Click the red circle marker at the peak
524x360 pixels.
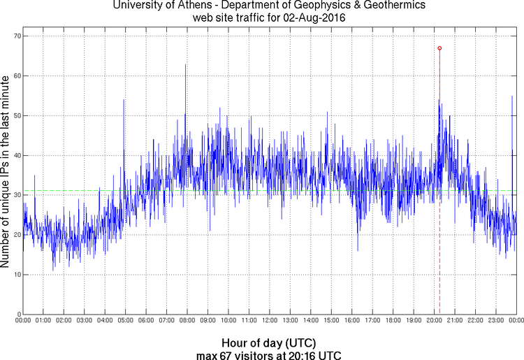[439, 48]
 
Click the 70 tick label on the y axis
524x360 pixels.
[15, 36]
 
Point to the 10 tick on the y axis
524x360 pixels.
[15, 274]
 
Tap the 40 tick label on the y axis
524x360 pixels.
[15, 155]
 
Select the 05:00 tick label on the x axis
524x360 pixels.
[125, 321]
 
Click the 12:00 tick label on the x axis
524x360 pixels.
[269, 321]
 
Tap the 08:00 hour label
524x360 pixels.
[187, 321]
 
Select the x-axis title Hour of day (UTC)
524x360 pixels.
[269, 343]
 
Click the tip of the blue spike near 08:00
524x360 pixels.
[185, 64]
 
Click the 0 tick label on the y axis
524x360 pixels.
[17, 314]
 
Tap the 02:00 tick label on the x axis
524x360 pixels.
[64, 321]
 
